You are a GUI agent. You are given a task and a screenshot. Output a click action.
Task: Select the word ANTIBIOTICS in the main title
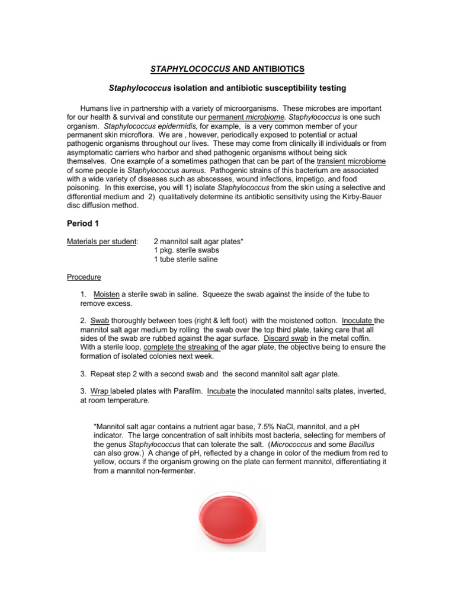pos(275,69)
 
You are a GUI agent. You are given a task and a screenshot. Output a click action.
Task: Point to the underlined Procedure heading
pos(84,277)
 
